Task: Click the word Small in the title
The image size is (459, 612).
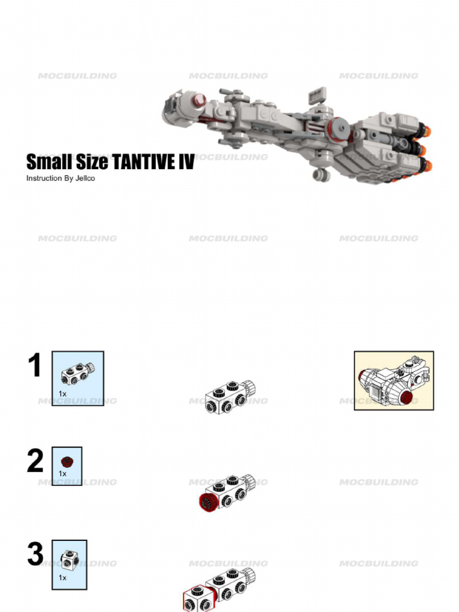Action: click(x=46, y=162)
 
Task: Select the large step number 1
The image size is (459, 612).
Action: click(x=35, y=366)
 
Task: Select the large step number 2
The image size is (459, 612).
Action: click(x=35, y=462)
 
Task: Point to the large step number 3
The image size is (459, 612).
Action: click(x=35, y=556)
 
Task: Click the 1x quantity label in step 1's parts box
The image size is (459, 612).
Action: click(x=63, y=394)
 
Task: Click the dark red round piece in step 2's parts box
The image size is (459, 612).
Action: click(x=66, y=461)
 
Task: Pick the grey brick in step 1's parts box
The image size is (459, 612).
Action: click(x=78, y=374)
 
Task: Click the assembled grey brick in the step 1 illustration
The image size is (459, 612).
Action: click(x=229, y=397)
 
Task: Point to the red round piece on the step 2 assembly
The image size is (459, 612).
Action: click(x=207, y=501)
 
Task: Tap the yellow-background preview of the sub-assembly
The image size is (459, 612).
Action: click(x=394, y=380)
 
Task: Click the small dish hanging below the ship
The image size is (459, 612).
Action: click(x=322, y=175)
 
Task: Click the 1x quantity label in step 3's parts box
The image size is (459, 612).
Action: click(x=63, y=578)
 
